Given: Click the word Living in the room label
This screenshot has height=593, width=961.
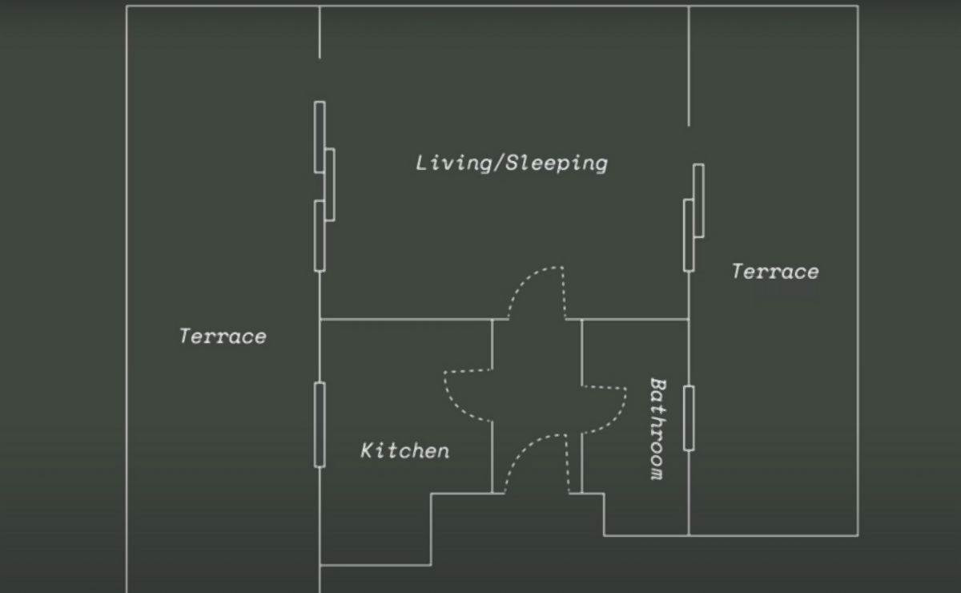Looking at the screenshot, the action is click(x=452, y=163).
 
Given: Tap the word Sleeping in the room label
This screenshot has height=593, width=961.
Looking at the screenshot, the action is click(x=557, y=163).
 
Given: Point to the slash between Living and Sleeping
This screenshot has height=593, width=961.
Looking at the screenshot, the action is click(x=497, y=163).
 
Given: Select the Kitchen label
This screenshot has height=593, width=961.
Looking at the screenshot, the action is click(x=405, y=451).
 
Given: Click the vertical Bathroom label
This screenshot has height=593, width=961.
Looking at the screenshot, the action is click(x=657, y=429).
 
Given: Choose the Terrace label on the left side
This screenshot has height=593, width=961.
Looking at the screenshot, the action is click(x=223, y=337).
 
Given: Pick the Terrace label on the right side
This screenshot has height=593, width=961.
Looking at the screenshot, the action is click(x=775, y=272).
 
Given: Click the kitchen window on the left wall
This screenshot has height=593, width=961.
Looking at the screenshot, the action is click(x=320, y=425).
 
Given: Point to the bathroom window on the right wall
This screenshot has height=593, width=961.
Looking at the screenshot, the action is click(x=689, y=418).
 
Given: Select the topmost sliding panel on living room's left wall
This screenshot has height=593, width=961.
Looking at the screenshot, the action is click(x=320, y=137).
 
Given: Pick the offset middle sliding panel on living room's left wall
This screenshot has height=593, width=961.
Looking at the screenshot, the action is click(x=330, y=184).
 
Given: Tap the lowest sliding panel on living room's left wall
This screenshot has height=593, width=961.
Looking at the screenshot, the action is click(x=320, y=236).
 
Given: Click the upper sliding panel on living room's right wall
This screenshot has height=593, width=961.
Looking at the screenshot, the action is click(x=698, y=200).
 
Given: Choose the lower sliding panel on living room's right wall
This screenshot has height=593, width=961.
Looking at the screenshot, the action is click(x=689, y=236).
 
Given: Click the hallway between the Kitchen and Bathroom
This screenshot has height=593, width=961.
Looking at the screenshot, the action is click(x=537, y=406).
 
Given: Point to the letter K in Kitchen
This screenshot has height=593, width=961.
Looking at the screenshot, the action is click(x=367, y=451).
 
